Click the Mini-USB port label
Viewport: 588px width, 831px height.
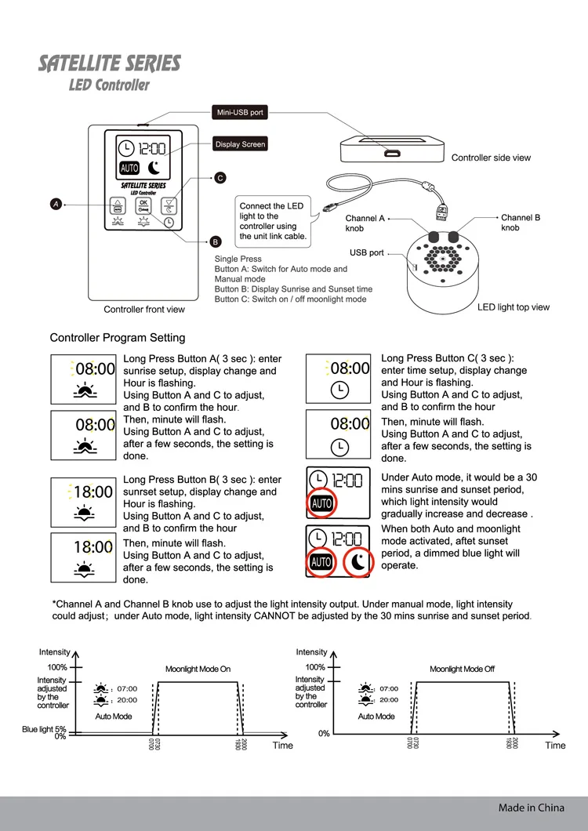(x=241, y=113)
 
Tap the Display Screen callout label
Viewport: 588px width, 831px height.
(x=241, y=144)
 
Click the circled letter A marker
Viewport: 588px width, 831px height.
(x=56, y=205)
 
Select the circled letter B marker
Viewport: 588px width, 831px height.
(x=216, y=241)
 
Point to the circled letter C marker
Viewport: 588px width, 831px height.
(x=220, y=179)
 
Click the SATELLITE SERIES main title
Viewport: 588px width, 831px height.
(x=109, y=64)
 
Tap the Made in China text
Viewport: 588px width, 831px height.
(x=531, y=807)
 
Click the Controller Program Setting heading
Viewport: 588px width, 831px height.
(x=118, y=338)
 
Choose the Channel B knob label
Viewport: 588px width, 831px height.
(x=521, y=222)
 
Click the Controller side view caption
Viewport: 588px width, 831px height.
(x=491, y=158)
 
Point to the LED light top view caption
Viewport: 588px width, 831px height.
(x=514, y=307)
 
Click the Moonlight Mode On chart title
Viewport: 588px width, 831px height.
(x=198, y=670)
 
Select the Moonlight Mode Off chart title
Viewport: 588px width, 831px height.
(x=463, y=670)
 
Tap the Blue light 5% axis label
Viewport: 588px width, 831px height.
(x=44, y=730)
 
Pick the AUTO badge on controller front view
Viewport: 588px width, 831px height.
(x=129, y=168)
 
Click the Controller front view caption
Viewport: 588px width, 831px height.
(x=144, y=310)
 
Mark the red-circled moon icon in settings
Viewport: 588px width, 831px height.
(x=358, y=561)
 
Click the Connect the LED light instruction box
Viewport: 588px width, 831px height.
(x=272, y=221)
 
